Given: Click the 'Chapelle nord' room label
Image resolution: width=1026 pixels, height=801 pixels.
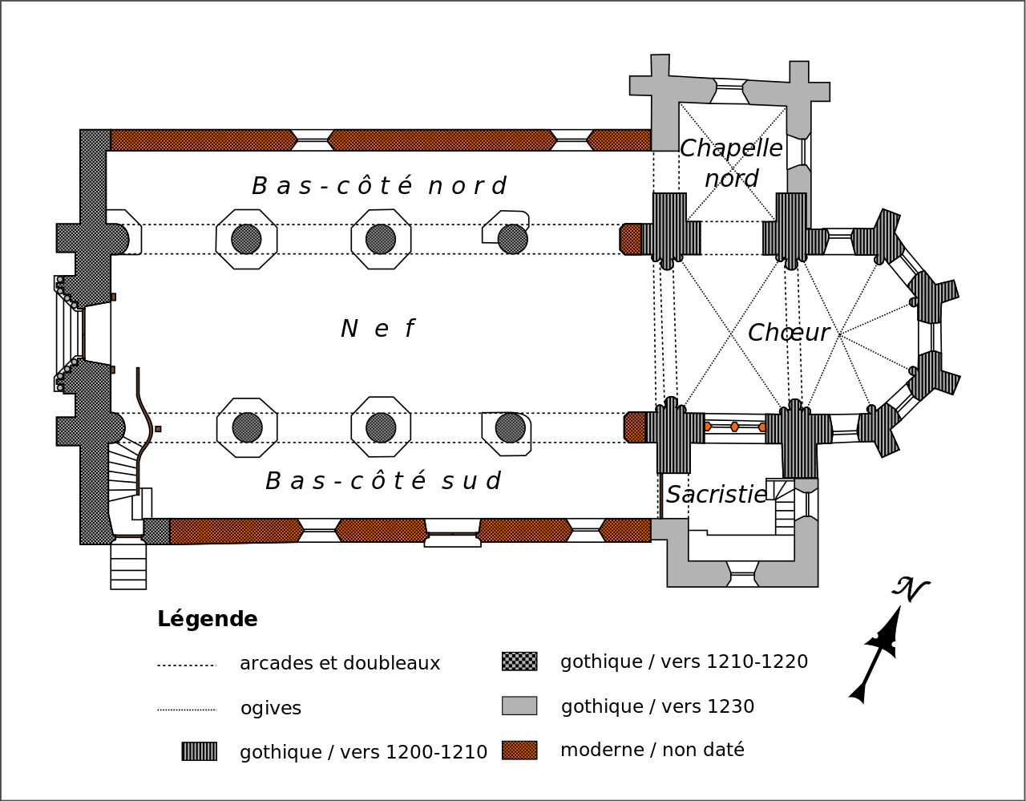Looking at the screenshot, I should [x=731, y=163].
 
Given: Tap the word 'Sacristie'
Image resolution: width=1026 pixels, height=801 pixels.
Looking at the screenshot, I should [x=717, y=495].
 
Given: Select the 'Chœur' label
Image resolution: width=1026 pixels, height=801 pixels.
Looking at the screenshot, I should [x=788, y=332].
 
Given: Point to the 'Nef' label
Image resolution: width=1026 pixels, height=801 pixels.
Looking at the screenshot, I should [x=378, y=329].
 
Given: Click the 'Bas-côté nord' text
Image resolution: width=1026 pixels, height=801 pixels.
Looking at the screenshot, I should [x=378, y=186].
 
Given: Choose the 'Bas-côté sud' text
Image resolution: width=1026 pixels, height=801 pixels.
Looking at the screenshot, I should [x=382, y=481].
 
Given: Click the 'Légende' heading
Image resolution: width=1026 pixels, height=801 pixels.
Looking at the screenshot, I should [x=208, y=619].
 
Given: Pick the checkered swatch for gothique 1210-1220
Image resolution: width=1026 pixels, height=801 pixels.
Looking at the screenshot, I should [x=519, y=661].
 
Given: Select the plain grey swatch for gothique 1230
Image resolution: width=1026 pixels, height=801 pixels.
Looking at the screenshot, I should [x=519, y=706].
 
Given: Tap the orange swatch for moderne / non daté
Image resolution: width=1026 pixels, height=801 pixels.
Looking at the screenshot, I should [x=519, y=750].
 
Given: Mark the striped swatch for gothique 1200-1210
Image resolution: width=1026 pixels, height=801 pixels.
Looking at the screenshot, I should [x=199, y=751].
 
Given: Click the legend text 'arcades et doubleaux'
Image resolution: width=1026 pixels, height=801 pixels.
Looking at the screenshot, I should [x=340, y=664].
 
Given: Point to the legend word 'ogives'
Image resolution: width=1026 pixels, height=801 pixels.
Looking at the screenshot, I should [x=271, y=709].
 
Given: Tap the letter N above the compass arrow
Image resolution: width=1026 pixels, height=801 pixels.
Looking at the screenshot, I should [x=910, y=589].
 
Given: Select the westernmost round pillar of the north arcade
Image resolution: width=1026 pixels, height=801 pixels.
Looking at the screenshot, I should [x=246, y=239].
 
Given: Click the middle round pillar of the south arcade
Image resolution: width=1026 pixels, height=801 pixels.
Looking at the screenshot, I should [x=381, y=427].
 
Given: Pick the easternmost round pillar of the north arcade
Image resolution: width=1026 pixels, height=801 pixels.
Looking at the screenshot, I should [x=512, y=239].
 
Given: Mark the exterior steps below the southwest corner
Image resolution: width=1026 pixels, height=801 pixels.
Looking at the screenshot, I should [x=128, y=564].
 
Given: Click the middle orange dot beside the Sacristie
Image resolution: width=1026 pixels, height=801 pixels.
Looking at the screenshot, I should [x=734, y=427].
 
